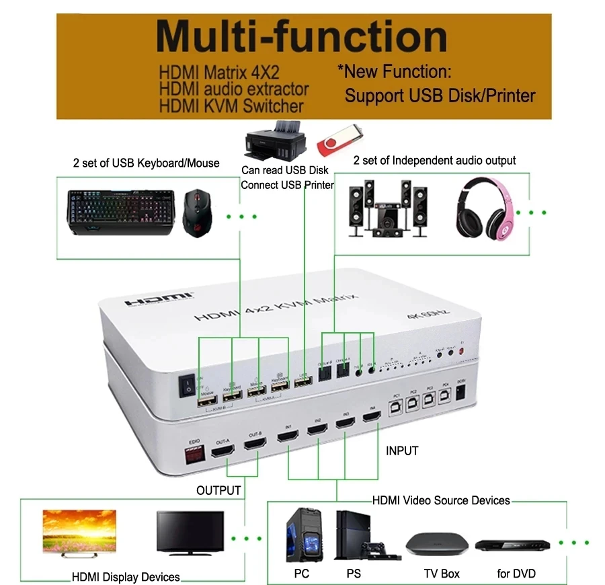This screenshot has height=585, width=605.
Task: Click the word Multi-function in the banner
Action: click(302, 38)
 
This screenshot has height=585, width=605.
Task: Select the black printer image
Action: click(276, 141)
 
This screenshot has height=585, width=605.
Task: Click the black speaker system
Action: click(388, 208)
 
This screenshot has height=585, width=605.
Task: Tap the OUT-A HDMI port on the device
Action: click(223, 449)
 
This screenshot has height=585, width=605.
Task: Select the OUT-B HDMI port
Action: click(255, 446)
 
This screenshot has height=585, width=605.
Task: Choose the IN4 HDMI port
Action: click(371, 418)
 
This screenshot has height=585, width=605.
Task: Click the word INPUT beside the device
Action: click(402, 451)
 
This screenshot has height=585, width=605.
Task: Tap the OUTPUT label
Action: click(218, 490)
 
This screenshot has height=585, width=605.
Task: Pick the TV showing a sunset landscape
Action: click(79, 531)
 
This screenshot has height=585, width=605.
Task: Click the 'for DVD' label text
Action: click(516, 574)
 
